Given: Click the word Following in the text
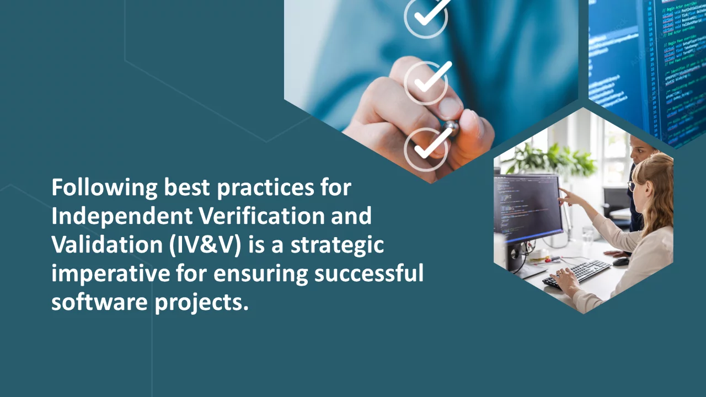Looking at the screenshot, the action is [x=104, y=188].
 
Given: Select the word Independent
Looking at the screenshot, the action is [x=122, y=216].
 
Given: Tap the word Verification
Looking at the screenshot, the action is [x=262, y=216].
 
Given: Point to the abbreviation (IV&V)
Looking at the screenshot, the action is [x=205, y=245].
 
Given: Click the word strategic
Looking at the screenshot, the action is [x=337, y=245].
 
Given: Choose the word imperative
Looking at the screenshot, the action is [x=111, y=273].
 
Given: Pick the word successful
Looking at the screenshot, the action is [x=369, y=273].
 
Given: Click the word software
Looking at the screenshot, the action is [x=99, y=302].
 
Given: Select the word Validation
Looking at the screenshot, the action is [x=107, y=244].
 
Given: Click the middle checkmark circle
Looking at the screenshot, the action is [x=426, y=83].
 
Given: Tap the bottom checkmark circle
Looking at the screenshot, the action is [x=426, y=149].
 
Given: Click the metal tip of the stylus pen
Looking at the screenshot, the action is [x=451, y=127].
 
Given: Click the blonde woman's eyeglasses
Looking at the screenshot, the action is [x=630, y=186].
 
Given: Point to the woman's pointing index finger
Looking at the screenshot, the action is [x=562, y=191].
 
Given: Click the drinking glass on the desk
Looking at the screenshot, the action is [x=587, y=235].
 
